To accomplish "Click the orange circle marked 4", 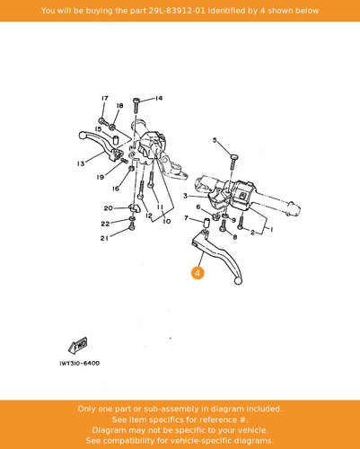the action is click(x=198, y=273).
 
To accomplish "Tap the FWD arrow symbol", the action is click(x=78, y=346).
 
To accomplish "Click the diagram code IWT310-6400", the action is click(x=80, y=364).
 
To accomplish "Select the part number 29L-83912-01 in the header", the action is click(x=177, y=11).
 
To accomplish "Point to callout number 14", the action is click(x=159, y=98).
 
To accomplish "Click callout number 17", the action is click(x=105, y=98).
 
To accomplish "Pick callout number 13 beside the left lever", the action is click(x=81, y=163).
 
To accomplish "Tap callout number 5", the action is click(x=215, y=140).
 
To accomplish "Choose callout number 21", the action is click(x=104, y=238).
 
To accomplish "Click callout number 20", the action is click(x=108, y=208).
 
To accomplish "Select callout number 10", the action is click(x=167, y=221).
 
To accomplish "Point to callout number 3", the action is click(x=186, y=196).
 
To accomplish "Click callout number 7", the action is click(x=187, y=218).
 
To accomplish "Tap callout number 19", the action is click(x=101, y=177).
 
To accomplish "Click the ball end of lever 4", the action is click(x=238, y=281).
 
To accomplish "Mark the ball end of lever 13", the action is click(x=83, y=136).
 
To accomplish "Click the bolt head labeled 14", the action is click(x=136, y=100).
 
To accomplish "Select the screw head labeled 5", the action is click(x=234, y=156).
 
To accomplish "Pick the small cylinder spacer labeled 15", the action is click(x=116, y=140).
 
